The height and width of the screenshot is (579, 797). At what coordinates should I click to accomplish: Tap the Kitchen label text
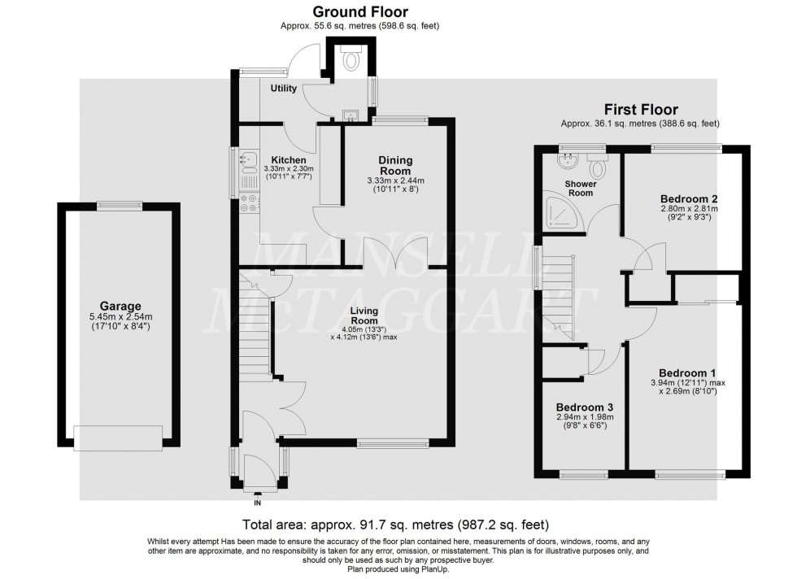click(x=288, y=159)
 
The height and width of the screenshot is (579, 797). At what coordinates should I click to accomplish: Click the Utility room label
click(x=284, y=88)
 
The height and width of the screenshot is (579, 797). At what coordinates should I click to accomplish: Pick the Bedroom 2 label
click(x=688, y=198)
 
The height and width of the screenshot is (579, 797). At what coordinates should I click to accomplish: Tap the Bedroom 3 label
click(x=584, y=407)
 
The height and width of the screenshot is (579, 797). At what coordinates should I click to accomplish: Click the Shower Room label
click(x=581, y=189)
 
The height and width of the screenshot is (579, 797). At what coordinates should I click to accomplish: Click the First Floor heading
click(x=640, y=109)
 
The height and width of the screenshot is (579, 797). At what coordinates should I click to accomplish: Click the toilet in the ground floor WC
click(x=352, y=58)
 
